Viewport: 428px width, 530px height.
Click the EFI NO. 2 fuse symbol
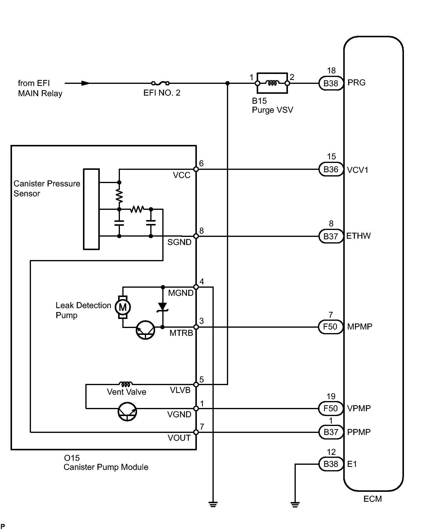tap(160, 83)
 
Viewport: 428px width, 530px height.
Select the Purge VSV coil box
tap(272, 83)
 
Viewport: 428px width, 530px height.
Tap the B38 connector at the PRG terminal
tap(331, 83)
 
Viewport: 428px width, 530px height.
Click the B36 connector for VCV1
tap(331, 170)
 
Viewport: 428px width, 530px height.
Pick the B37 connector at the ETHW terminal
tap(331, 236)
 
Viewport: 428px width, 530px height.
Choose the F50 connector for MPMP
tap(331, 327)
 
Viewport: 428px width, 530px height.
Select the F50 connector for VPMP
tap(331, 408)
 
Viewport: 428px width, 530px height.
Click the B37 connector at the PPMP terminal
tap(331, 432)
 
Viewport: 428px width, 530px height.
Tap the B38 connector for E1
tap(331, 464)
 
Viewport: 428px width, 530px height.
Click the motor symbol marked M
tap(123, 307)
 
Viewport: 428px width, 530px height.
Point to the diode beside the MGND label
tap(163, 307)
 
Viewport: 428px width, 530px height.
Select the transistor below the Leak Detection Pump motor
tap(145, 330)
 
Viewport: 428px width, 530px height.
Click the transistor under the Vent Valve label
tap(127, 412)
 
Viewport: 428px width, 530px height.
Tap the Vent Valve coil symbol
tap(126, 384)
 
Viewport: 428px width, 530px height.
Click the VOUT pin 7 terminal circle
tap(196, 432)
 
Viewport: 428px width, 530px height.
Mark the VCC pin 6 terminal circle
tap(196, 169)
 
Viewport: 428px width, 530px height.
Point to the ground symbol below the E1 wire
tap(295, 504)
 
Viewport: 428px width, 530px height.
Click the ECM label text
tap(372, 499)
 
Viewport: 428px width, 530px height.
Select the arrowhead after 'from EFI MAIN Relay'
tap(85, 83)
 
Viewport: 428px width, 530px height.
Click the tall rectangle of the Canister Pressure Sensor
tap(91, 209)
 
